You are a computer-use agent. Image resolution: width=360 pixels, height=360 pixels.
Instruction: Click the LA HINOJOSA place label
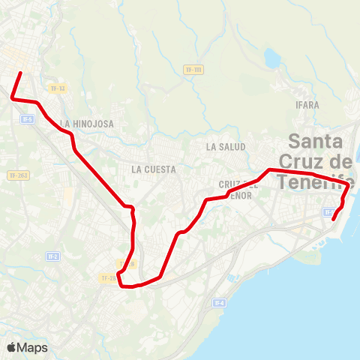pyautogui.click(x=87, y=124)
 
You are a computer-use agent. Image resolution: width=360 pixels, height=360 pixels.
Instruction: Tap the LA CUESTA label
pyautogui.click(x=153, y=169)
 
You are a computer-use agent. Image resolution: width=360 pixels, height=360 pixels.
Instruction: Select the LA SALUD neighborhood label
pyautogui.click(x=226, y=147)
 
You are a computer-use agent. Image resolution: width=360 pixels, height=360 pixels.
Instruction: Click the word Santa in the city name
pyautogui.click(x=316, y=141)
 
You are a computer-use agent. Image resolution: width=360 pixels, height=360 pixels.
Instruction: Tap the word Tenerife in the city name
pyautogui.click(x=315, y=181)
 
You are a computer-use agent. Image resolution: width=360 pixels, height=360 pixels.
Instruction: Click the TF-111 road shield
pyautogui.click(x=193, y=70)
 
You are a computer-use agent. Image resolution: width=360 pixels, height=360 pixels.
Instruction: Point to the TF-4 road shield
pyautogui.click(x=219, y=303)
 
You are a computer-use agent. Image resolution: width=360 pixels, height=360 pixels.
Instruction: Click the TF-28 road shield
pyautogui.click(x=109, y=278)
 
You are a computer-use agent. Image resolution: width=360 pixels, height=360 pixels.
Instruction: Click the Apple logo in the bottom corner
pyautogui.click(x=11, y=347)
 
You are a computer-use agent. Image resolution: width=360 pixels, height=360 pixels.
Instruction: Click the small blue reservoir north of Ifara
pyautogui.click(x=271, y=58)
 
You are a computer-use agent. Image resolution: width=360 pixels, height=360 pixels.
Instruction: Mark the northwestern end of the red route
pyautogui.click(x=19, y=73)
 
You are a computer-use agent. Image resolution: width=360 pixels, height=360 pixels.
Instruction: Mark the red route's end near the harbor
pyautogui.click(x=332, y=220)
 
